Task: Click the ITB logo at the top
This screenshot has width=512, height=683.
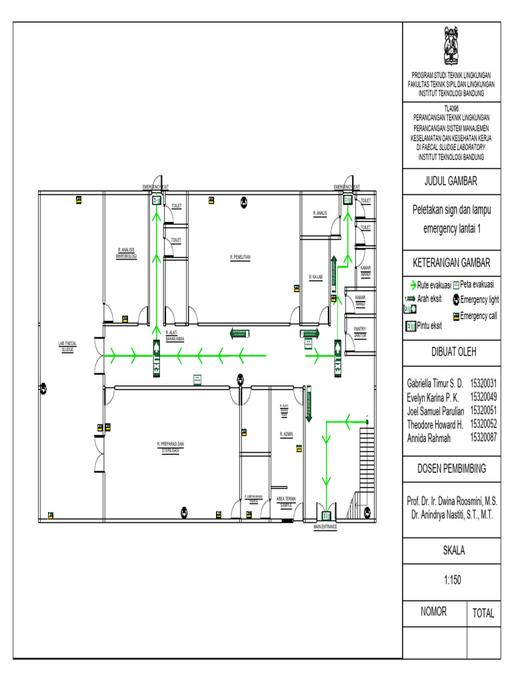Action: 451,45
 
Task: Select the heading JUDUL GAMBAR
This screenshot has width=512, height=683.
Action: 451,181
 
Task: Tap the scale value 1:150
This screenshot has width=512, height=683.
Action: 451,580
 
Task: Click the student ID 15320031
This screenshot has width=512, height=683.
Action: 484,384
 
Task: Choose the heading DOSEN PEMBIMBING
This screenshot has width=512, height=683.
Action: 451,468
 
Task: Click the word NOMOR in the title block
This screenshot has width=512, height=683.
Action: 433,611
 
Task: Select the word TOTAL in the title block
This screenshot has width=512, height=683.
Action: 483,614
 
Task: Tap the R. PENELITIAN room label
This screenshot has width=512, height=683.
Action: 240,256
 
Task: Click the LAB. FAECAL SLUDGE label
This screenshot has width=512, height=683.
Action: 67,346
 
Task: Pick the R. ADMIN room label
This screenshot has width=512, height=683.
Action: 286,434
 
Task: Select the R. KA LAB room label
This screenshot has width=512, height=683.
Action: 315,276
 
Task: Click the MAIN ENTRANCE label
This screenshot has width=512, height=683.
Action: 325,527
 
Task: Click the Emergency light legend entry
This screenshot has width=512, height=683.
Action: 479,299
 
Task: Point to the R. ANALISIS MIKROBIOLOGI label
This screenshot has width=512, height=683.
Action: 126,253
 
